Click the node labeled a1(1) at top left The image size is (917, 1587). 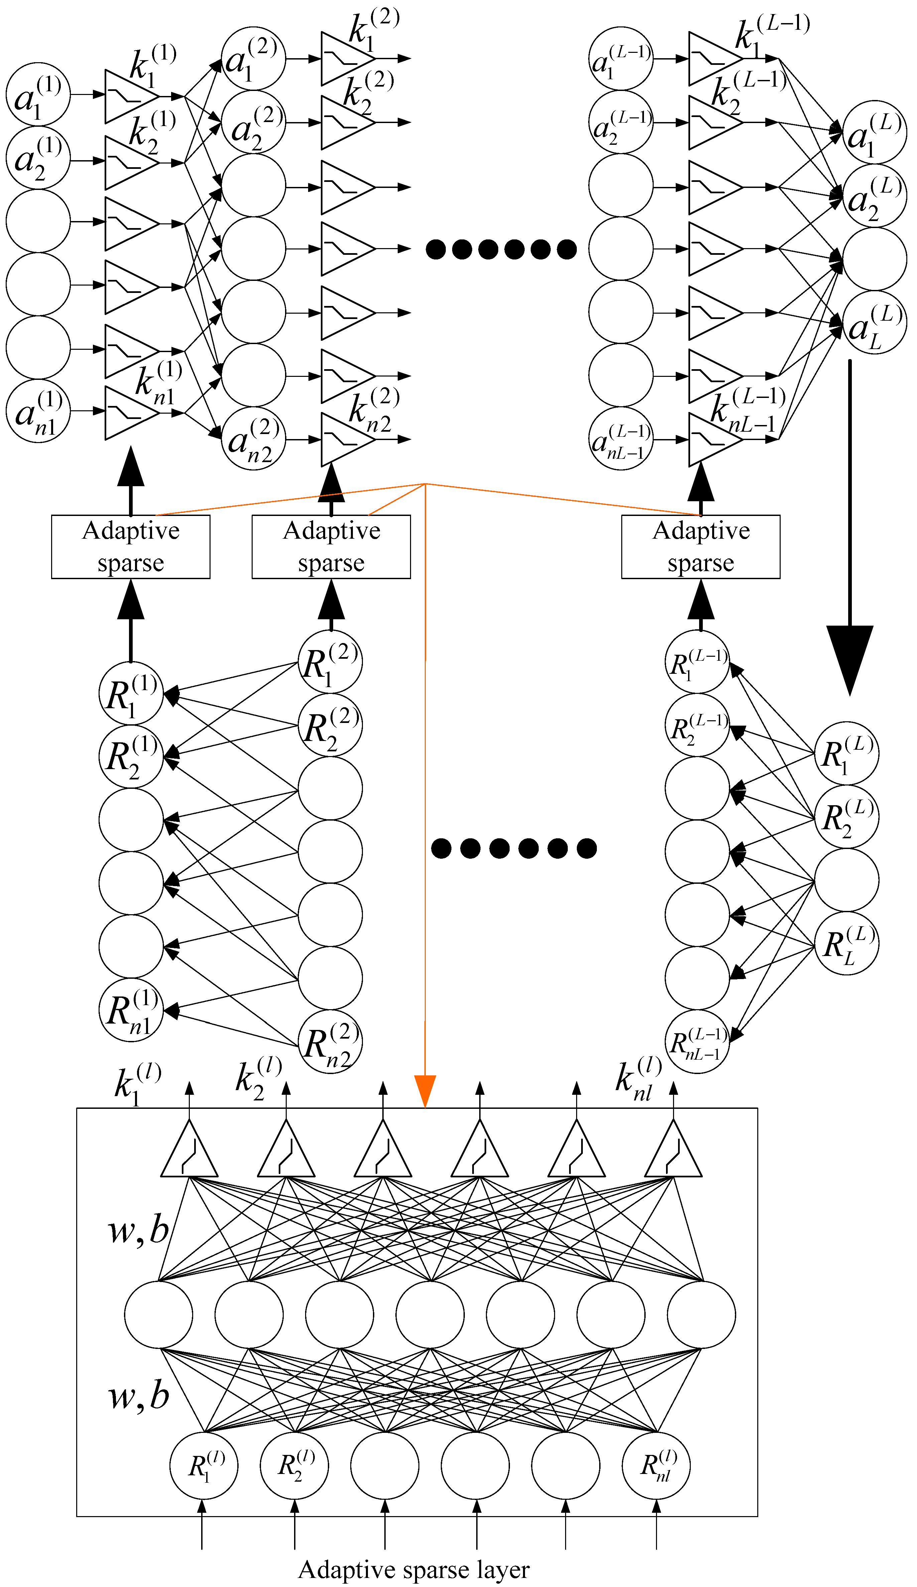[38, 94]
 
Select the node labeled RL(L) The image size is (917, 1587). [846, 943]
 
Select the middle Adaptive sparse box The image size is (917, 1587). [331, 547]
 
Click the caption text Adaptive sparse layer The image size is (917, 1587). [413, 1569]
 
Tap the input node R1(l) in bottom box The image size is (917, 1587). [203, 1466]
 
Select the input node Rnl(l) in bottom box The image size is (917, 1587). [656, 1466]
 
